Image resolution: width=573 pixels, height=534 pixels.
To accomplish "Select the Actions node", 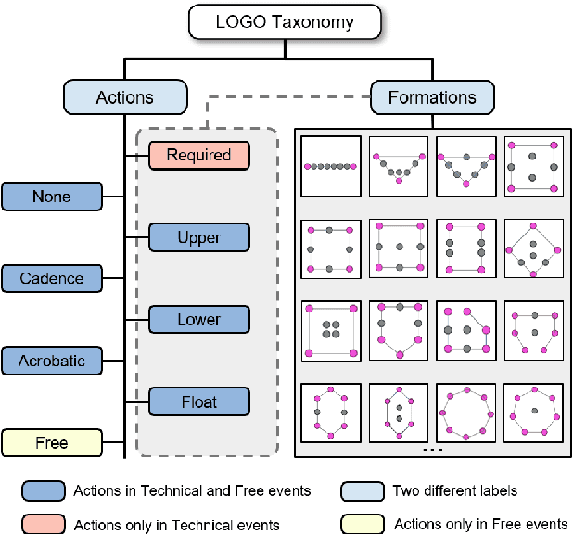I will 125,97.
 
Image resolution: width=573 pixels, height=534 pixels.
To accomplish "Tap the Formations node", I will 432,97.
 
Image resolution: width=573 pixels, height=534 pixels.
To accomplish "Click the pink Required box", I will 198,156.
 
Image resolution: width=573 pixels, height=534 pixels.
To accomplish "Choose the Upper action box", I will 198,237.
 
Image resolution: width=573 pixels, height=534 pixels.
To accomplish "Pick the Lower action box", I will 198,320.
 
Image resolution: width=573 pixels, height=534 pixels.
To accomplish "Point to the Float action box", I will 198,401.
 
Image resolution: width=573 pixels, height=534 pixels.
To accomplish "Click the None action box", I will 51,197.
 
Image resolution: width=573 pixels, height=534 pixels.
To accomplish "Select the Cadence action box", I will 51,278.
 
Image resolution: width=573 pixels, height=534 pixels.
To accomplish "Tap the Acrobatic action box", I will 51,361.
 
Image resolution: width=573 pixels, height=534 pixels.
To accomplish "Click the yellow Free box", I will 51,443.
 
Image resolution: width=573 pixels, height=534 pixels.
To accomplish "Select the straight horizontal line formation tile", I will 330,166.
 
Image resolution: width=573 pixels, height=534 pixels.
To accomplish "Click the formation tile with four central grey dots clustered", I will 330,329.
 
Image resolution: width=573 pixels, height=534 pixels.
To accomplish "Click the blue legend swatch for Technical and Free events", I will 43,490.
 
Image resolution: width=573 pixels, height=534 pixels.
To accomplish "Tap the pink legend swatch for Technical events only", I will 43,524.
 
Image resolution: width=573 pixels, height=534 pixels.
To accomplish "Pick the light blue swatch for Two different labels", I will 363,490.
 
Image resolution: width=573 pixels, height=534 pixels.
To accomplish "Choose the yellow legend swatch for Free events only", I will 363,524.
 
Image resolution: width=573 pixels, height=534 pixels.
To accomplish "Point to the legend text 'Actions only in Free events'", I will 480,524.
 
